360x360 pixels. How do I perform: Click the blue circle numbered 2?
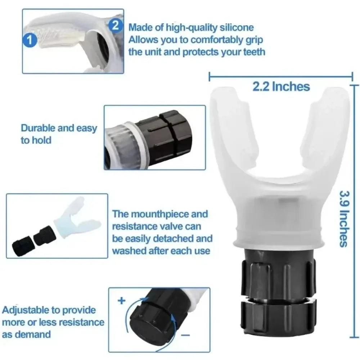tap(115, 25)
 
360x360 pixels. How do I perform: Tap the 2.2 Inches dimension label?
tap(281, 86)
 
